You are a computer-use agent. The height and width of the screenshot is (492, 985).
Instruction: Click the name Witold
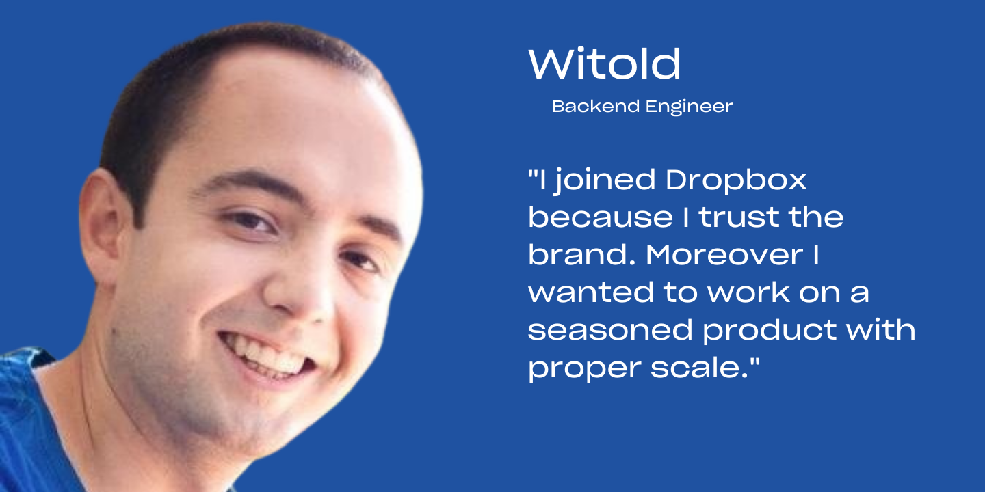click(x=604, y=64)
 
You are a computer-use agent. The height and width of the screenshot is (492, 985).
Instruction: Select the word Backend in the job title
click(x=596, y=107)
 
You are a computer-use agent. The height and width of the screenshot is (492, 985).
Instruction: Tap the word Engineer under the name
click(x=689, y=107)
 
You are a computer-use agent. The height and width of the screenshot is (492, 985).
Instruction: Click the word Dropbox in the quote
click(x=737, y=181)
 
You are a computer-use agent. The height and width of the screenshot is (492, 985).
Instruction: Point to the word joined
click(x=604, y=181)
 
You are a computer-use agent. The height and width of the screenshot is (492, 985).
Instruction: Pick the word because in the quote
click(x=601, y=217)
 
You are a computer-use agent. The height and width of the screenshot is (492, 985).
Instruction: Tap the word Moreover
click(x=724, y=255)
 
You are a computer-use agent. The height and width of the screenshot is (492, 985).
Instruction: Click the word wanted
click(x=591, y=292)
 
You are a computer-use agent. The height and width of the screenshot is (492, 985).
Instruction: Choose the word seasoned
click(x=610, y=330)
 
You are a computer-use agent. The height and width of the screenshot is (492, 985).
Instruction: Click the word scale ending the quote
click(x=700, y=368)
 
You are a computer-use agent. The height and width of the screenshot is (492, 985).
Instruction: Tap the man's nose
click(x=298, y=290)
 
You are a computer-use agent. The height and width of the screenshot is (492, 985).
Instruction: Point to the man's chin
click(x=237, y=422)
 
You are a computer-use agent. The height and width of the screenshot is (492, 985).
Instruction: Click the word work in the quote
click(x=748, y=292)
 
